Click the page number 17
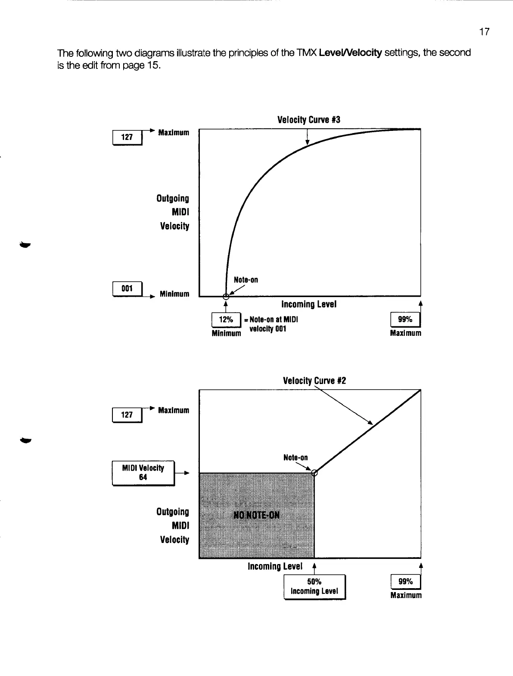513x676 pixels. [484, 32]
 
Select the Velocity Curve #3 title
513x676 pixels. [309, 120]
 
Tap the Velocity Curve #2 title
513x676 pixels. [314, 381]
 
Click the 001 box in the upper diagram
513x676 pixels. [127, 288]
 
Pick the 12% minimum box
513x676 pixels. [226, 319]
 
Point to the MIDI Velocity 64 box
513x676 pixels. [143, 472]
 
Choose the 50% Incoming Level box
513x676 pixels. [314, 586]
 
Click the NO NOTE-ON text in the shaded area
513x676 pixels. [256, 515]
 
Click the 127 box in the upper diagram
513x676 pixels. [127, 137]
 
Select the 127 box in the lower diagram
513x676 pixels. [127, 415]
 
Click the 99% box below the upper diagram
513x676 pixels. [405, 319]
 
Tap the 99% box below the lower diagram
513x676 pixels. [405, 582]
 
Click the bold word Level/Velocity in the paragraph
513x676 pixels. [349, 53]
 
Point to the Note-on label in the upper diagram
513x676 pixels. [246, 280]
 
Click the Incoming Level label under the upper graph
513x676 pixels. [309, 304]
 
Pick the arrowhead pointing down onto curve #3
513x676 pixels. [307, 143]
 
